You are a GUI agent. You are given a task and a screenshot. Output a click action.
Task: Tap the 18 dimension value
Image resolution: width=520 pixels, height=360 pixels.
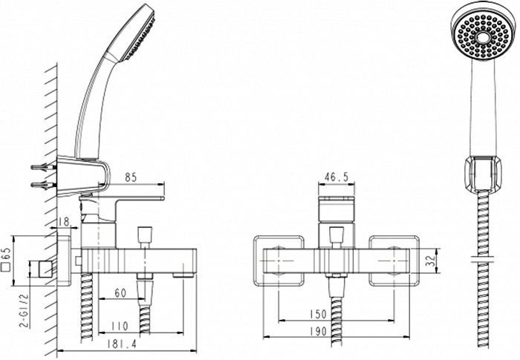pos(64,221)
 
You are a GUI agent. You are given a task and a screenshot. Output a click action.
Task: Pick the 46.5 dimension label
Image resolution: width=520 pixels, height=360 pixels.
pos(337,178)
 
